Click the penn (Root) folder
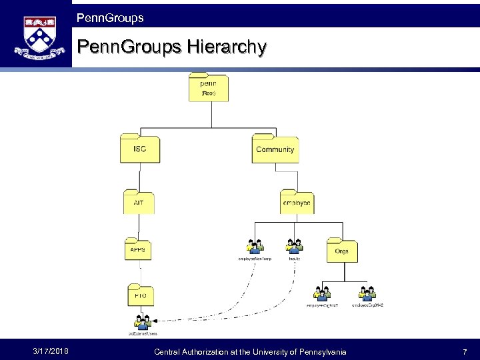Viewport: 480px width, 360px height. [209, 87]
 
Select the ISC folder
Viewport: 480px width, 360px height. [139, 149]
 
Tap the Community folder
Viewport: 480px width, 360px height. [275, 149]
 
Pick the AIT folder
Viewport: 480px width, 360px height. [139, 202]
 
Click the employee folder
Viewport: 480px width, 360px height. [296, 202]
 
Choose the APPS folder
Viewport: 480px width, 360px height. [139, 249]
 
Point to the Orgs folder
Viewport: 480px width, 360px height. [341, 251]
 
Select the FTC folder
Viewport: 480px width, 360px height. [141, 295]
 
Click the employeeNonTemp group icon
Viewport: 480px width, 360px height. [255, 246]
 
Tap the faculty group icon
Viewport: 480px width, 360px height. [294, 246]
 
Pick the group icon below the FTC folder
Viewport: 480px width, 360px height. [142, 321]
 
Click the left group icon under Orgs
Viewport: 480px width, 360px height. [321, 293]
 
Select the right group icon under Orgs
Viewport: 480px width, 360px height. [366, 293]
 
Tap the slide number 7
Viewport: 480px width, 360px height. [465, 351]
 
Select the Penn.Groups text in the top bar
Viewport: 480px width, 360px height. [110, 18]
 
